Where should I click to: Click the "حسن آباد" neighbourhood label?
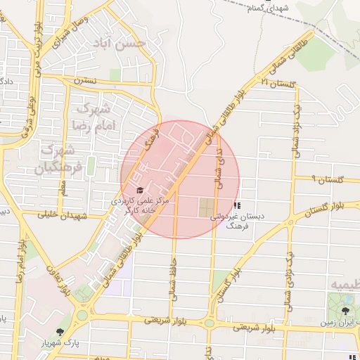124,44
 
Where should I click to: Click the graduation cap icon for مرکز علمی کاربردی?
139,191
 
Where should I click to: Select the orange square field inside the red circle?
205,207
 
